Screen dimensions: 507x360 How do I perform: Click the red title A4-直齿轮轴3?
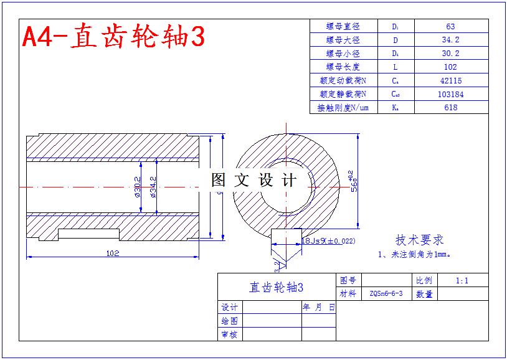[113, 36]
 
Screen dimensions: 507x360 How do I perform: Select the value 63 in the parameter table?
[450, 26]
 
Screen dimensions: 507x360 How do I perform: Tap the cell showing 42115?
[450, 80]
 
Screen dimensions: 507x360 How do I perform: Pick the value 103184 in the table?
[450, 94]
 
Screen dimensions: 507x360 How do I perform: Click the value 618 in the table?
[450, 108]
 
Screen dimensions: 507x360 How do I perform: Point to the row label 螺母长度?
[343, 67]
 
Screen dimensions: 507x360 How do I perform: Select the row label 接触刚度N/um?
[343, 108]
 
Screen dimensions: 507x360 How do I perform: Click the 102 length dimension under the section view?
[113, 253]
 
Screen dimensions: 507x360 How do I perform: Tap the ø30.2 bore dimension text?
[137, 187]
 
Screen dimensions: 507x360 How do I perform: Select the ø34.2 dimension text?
[153, 187]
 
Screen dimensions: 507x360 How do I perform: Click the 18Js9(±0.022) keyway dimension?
[328, 240]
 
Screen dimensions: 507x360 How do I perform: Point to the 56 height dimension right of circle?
[353, 181]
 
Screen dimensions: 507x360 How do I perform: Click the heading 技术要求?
[419, 240]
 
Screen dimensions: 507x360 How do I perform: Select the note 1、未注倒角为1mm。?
[414, 254]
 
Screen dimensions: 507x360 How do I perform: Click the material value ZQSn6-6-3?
[386, 293]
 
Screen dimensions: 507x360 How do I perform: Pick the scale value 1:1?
[462, 280]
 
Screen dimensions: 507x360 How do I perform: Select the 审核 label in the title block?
[229, 334]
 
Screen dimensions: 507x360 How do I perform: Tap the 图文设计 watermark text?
[253, 181]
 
